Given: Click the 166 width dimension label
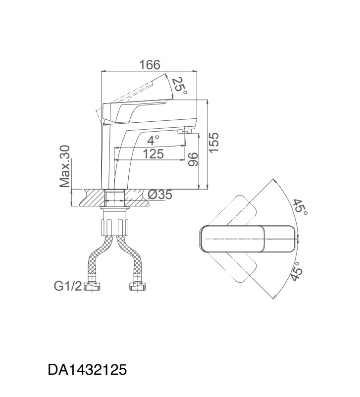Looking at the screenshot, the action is [150, 65].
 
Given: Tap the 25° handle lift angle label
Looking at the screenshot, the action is [180, 85].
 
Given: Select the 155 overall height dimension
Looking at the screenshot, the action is [213, 143].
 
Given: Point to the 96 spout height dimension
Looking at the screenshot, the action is [193, 159].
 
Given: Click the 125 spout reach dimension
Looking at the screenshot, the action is [154, 154].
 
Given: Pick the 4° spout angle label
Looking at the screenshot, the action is [153, 140].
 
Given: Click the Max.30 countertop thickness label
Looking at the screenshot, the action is [64, 166].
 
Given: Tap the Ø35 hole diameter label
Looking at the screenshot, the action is [160, 195].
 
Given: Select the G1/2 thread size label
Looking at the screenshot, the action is [68, 286].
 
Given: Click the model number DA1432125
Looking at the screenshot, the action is [87, 369].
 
